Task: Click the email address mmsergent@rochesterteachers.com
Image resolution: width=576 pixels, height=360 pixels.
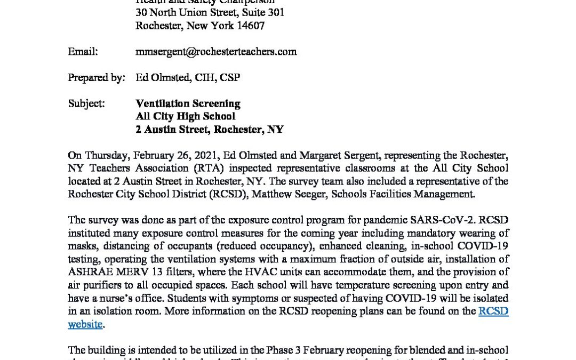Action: [x=216, y=52]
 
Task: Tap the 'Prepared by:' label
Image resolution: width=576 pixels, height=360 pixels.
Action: [x=96, y=78]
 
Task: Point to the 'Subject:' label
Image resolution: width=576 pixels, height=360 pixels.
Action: [x=86, y=103]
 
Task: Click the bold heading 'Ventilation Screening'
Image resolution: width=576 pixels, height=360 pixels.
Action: [x=188, y=103]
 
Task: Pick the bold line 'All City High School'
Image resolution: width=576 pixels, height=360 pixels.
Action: [x=185, y=116]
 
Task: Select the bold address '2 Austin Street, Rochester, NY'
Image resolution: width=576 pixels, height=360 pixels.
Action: [x=209, y=129]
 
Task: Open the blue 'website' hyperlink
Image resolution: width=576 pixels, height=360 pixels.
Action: [x=85, y=324]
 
